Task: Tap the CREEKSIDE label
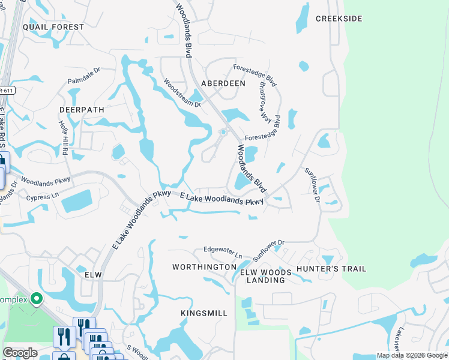click(x=339, y=19)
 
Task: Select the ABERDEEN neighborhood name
click(x=223, y=83)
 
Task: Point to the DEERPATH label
click(x=82, y=110)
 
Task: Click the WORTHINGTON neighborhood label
click(x=204, y=266)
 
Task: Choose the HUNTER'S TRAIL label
click(x=331, y=269)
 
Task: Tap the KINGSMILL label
click(x=204, y=313)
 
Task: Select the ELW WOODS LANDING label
click(x=266, y=276)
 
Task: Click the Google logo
click(x=20, y=353)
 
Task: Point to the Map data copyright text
click(x=411, y=355)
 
